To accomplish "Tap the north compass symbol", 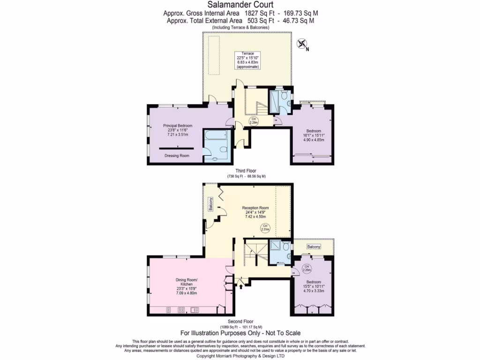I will click(x=302, y=44).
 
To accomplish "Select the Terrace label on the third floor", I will click(x=247, y=53).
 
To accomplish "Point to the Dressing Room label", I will click(x=177, y=156).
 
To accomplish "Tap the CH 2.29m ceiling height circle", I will click(x=254, y=120).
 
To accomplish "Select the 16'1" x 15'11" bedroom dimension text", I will click(x=314, y=135).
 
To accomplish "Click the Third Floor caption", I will click(x=243, y=171).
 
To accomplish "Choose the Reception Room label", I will click(x=255, y=208).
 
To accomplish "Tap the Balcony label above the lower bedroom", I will click(x=314, y=247).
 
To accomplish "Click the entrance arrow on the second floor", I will click(x=241, y=283).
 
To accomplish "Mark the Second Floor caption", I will click(x=241, y=322).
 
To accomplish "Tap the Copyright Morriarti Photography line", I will click(x=240, y=356).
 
